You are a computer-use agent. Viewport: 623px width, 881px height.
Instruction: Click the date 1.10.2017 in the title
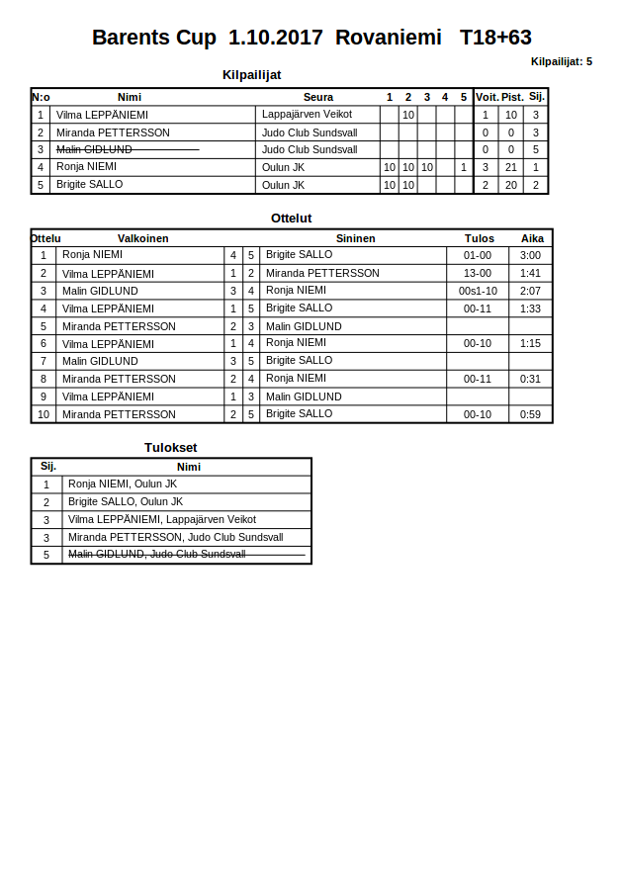click(275, 38)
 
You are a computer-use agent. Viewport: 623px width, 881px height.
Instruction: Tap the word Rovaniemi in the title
click(388, 38)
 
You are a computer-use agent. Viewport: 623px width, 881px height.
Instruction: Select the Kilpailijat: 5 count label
click(561, 61)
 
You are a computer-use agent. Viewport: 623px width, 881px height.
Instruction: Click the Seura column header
click(318, 97)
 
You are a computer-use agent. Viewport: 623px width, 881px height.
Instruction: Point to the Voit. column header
click(487, 97)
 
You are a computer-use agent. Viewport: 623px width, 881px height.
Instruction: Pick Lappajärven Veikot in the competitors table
click(307, 115)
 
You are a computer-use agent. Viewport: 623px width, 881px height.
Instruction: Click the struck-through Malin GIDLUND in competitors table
click(94, 149)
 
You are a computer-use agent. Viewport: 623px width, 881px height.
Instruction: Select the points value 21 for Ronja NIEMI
click(510, 167)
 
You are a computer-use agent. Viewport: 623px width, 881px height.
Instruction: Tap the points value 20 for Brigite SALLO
click(510, 185)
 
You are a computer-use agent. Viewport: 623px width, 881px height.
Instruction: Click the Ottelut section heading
click(291, 219)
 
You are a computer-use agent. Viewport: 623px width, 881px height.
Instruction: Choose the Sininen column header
click(355, 238)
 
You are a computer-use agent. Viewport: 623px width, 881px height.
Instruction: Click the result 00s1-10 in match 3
click(478, 291)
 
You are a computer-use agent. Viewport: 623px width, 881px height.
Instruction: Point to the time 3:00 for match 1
click(530, 255)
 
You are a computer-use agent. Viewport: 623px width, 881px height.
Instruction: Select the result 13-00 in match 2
click(478, 273)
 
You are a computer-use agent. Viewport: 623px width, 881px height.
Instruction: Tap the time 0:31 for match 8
click(530, 379)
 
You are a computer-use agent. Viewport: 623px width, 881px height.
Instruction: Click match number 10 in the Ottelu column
click(44, 414)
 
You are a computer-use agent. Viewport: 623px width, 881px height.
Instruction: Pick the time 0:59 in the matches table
click(530, 414)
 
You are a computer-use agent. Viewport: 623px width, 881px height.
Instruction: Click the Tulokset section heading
click(170, 448)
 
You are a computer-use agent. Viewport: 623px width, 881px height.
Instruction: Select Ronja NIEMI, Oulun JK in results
click(123, 484)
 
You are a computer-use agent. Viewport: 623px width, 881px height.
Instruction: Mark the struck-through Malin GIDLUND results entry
click(156, 555)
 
